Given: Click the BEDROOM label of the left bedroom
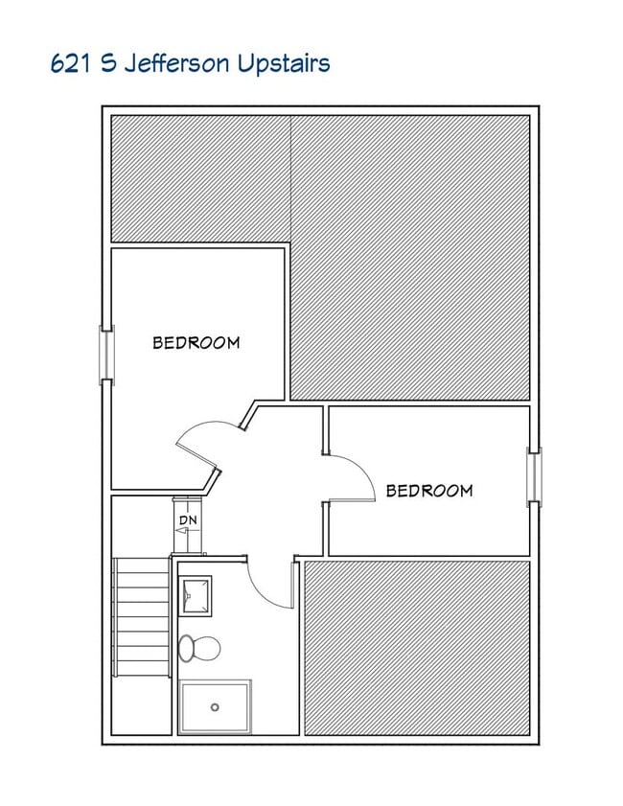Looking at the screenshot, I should (196, 342).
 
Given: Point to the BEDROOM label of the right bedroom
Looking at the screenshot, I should (429, 491).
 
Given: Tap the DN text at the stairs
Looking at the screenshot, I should (188, 519).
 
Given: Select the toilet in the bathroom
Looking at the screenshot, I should (198, 648).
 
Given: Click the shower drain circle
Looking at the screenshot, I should (215, 707).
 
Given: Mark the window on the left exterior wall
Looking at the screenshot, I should (107, 357).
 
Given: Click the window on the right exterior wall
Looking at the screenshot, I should (534, 476).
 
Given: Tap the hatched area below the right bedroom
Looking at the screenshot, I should (417, 647).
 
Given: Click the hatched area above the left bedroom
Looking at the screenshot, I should (201, 177).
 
